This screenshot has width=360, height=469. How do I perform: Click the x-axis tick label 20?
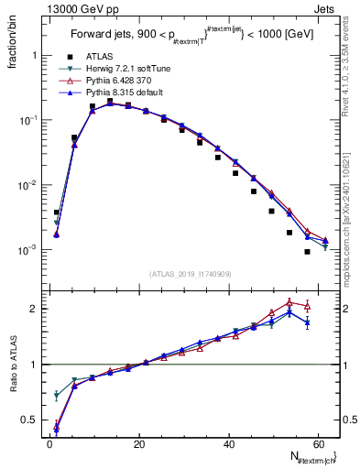138,442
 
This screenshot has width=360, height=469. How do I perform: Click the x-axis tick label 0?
49,442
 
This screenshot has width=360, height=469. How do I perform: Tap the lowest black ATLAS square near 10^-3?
307,252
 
